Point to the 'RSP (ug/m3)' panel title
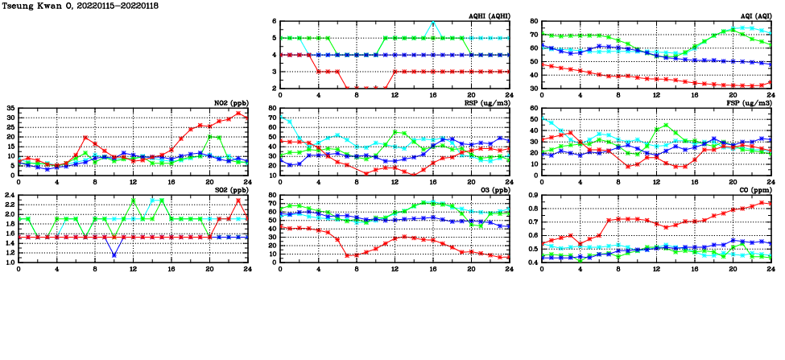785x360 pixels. [x=485, y=102]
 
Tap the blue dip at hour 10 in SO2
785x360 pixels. [x=114, y=255]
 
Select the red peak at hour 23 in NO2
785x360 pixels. [x=238, y=113]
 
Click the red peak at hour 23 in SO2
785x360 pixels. [x=238, y=201]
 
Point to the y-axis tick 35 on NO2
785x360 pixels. [x=10, y=108]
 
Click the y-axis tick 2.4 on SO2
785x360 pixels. [x=9, y=195]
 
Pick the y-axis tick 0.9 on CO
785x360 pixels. [x=532, y=195]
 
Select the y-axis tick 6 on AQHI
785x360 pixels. [x=274, y=22]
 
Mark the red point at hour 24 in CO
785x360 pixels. [x=771, y=203]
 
